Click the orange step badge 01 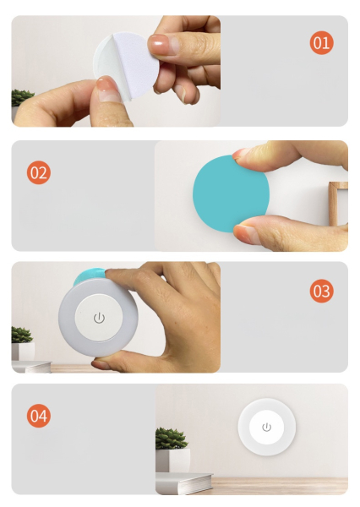[x=321, y=43]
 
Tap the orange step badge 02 [x=39, y=172]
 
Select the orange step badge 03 [x=321, y=291]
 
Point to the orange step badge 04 [x=39, y=416]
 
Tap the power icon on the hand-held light [x=99, y=319]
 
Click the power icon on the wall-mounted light [x=266, y=427]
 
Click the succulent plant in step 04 [x=171, y=439]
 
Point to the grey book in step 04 [x=183, y=483]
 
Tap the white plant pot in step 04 [x=172, y=461]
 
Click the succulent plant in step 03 [x=21, y=335]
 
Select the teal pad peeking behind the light [x=89, y=275]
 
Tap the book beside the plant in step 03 [x=31, y=367]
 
